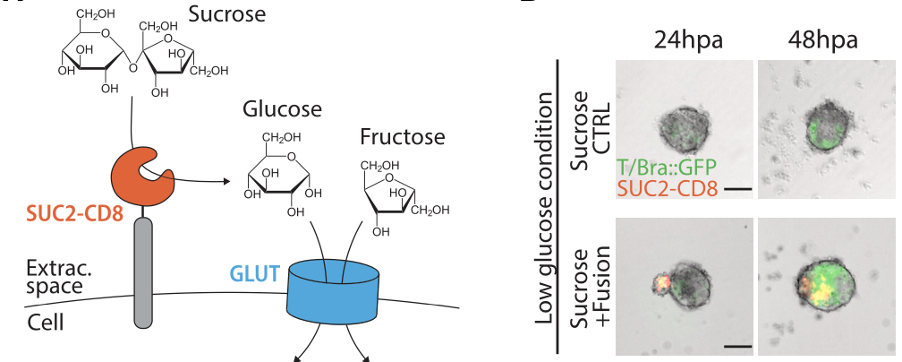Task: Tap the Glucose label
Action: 281,110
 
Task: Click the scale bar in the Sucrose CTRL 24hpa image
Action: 737,190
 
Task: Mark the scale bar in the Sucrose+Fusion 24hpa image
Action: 736,344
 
